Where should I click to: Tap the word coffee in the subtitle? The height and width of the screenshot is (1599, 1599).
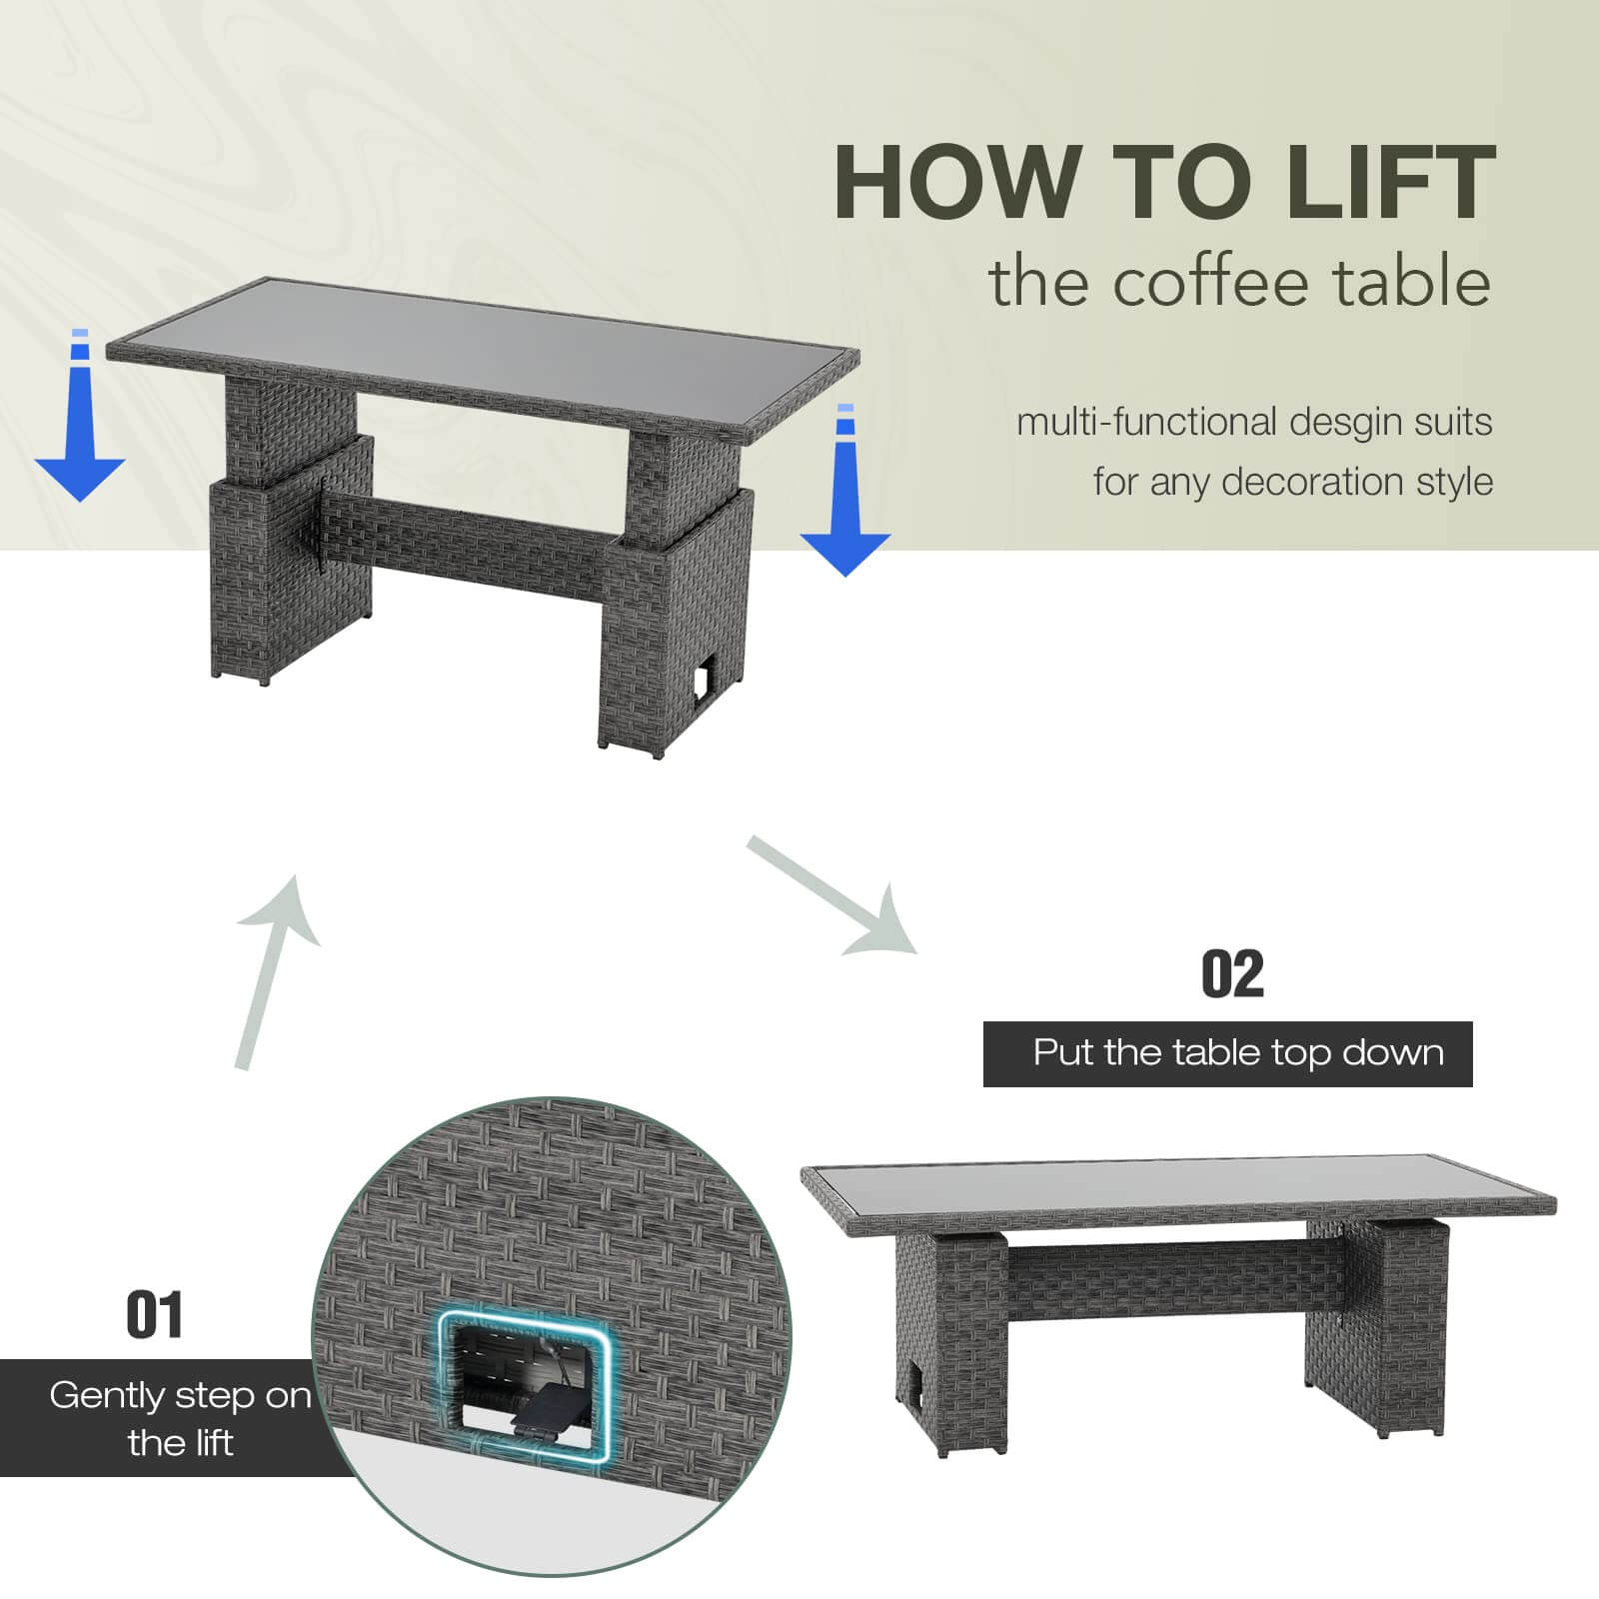(x=1206, y=283)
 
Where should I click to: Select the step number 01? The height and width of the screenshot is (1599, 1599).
(x=155, y=1315)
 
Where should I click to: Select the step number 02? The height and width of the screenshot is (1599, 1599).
(x=1231, y=974)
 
